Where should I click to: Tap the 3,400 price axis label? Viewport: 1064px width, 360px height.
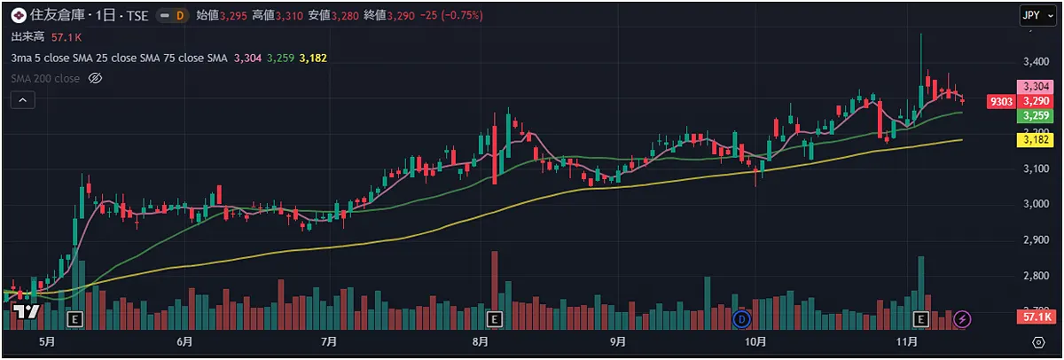1037,62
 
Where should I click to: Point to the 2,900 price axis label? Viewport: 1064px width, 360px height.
1037,240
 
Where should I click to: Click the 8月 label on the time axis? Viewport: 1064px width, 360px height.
481,341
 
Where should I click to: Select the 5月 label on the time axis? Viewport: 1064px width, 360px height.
47,341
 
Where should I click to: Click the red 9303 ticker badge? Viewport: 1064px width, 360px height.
1001,102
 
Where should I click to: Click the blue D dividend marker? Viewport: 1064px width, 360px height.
742,317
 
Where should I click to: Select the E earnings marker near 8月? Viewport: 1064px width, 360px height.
494,317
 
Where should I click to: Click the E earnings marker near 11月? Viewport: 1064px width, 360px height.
920,317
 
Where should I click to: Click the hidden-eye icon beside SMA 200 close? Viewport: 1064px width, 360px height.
97,79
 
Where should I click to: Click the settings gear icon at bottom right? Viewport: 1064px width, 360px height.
1038,341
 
